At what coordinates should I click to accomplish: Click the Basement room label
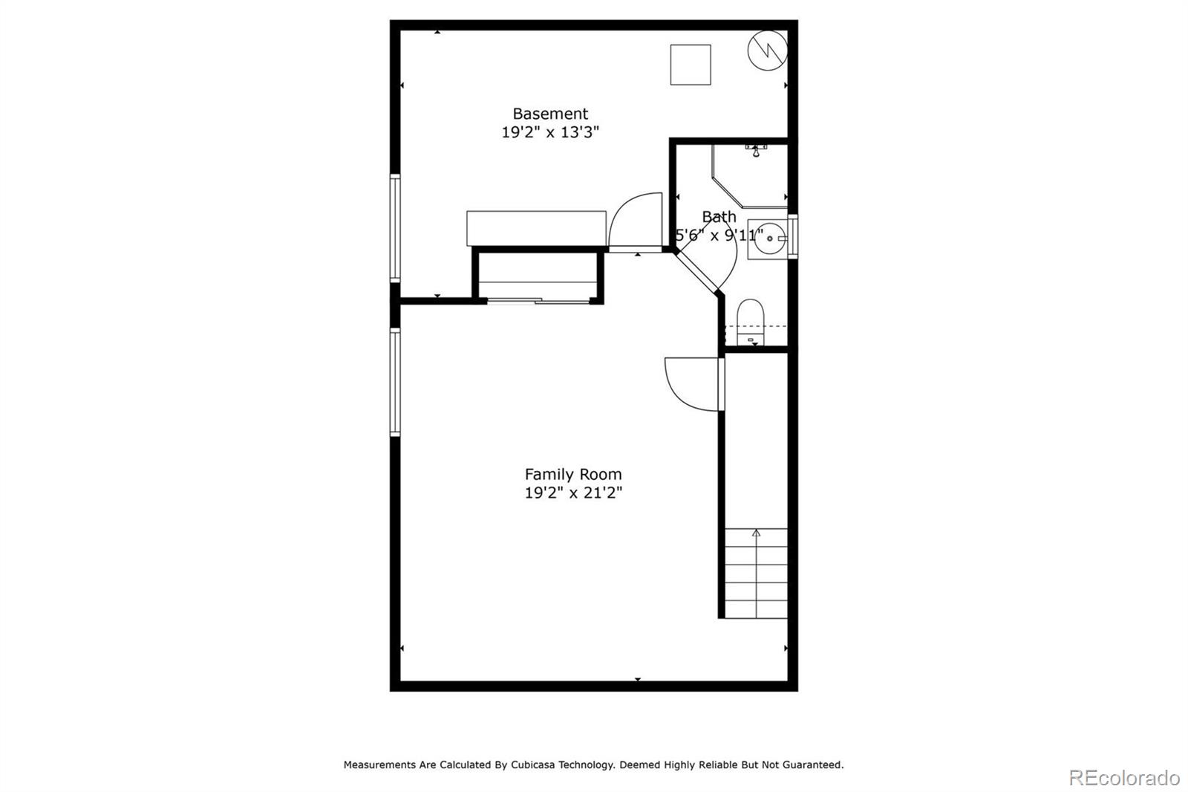550,114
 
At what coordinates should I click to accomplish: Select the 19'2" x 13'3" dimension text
550,133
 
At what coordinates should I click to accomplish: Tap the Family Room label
573,474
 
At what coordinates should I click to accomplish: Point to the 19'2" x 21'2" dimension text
573,493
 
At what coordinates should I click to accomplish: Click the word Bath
719,216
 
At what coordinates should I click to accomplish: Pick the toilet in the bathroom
751,319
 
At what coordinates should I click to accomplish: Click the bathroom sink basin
768,238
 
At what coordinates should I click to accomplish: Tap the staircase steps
756,576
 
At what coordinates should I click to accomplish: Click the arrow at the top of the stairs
756,533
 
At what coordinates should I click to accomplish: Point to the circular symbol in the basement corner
767,50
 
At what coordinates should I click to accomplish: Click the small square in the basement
691,65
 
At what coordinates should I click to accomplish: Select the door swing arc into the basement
635,221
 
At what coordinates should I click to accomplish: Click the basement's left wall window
395,228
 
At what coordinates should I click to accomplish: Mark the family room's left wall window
395,382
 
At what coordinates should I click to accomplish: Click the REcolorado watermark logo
1124,778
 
